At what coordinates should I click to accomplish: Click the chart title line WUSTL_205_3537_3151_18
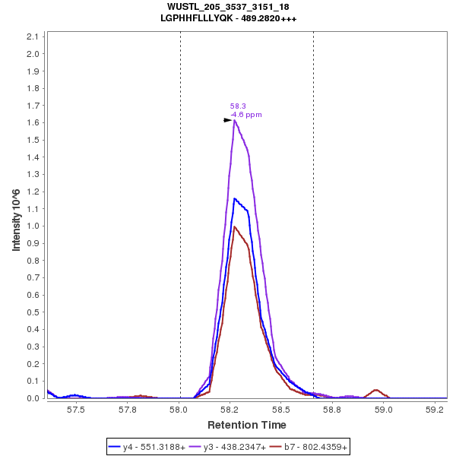228,7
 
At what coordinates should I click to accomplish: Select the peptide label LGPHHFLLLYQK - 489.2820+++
228,18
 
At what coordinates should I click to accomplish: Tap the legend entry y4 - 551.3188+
154,448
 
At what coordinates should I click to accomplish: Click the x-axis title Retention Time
247,425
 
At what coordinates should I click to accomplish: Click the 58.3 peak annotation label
238,106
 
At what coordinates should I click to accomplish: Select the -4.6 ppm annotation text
245,115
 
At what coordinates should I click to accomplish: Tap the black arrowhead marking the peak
227,120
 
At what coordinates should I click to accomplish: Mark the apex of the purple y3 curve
235,120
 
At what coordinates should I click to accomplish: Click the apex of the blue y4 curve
235,198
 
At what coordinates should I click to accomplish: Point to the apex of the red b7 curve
235,226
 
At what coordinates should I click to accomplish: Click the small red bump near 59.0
376,390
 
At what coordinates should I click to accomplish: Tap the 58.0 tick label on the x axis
179,409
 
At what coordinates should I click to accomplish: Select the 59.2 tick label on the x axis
435,409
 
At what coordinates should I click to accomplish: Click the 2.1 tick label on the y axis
33,36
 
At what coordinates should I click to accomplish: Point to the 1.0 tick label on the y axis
33,226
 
